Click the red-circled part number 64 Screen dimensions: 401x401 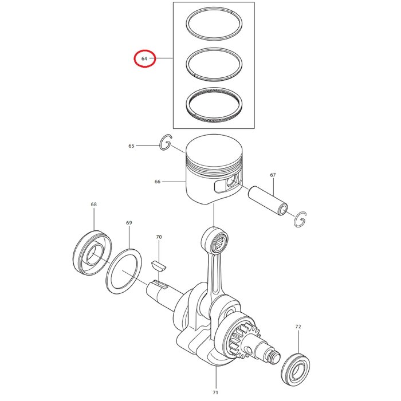click(x=144, y=58)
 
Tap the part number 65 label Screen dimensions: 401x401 click(x=131, y=146)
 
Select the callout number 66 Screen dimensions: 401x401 click(x=157, y=182)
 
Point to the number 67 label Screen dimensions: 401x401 click(x=273, y=175)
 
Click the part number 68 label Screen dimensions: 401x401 click(x=94, y=205)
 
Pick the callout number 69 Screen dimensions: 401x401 click(x=129, y=222)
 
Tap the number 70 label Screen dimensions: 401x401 click(x=159, y=237)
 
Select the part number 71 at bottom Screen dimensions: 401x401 click(x=215, y=392)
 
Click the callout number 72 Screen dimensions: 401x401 click(x=298, y=327)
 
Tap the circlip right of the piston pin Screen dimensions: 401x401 click(x=300, y=219)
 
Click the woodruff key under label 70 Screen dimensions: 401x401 click(x=158, y=265)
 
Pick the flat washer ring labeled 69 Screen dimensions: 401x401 click(x=124, y=271)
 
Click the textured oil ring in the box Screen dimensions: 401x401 click(x=214, y=107)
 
